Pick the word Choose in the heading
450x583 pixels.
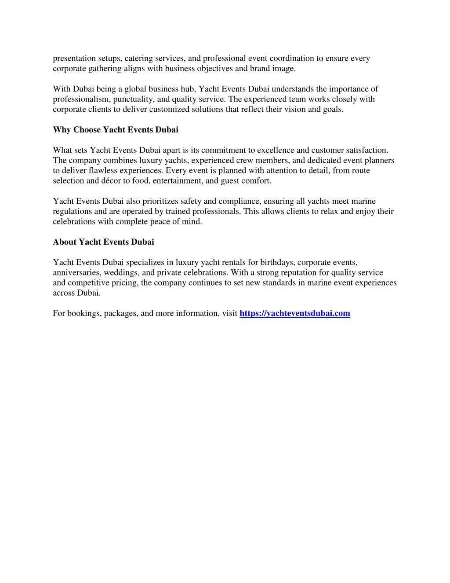click(x=87, y=130)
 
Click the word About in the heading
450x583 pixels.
click(x=65, y=242)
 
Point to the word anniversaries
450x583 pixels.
click(x=76, y=273)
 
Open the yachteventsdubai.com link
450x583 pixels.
click(x=295, y=313)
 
